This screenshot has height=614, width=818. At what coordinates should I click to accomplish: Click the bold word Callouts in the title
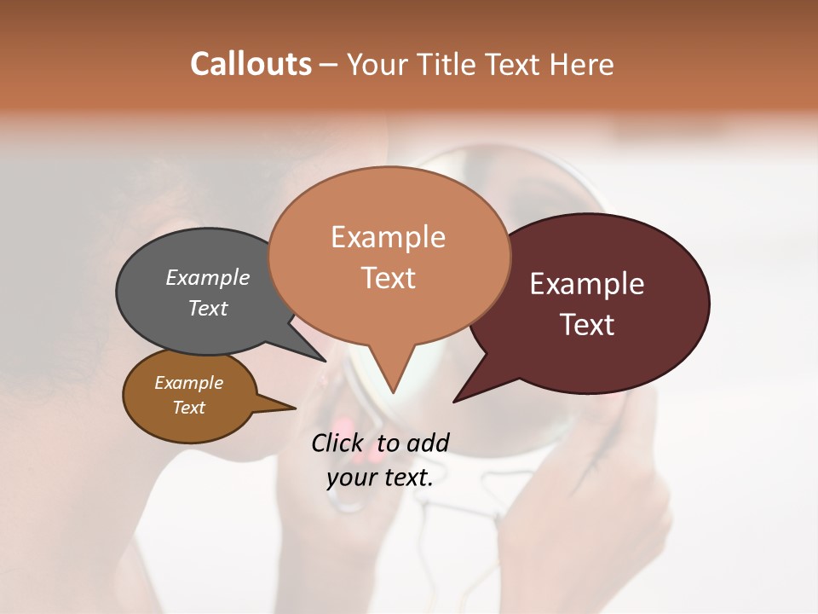251,64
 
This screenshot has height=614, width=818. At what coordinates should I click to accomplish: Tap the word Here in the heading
580,64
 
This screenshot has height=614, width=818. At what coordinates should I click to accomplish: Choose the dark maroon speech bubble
588,303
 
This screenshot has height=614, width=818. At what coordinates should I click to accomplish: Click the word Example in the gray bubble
208,277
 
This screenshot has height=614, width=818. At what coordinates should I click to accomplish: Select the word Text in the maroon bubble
587,325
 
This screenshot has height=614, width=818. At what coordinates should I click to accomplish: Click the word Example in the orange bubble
389,237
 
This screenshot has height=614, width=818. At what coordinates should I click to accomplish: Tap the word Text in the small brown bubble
188,408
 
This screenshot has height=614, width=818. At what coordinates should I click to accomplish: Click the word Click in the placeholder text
337,443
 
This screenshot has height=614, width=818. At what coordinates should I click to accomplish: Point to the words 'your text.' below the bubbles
380,478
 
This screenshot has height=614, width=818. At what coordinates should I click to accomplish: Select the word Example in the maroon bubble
587,284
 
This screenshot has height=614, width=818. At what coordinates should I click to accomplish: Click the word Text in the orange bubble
389,278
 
